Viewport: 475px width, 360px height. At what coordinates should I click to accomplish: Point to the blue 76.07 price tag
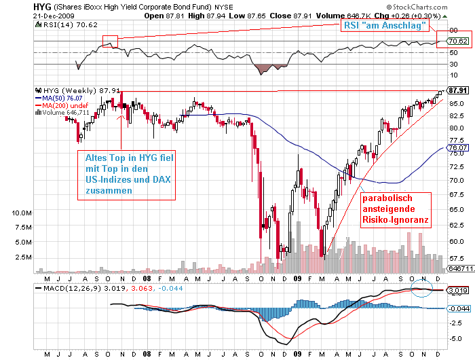[458, 147]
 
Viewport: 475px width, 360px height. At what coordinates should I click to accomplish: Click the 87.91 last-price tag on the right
[458, 90]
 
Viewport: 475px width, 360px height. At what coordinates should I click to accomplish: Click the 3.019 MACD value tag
[457, 290]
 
